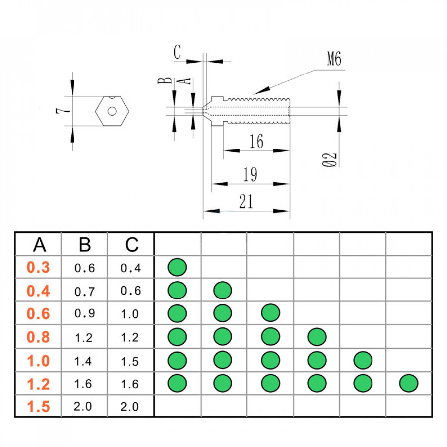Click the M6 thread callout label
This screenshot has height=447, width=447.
(334, 60)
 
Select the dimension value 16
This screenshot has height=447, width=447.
(256, 142)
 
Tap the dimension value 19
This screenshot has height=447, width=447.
(250, 175)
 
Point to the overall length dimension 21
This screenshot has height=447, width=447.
(246, 201)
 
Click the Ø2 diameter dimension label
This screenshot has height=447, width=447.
(330, 159)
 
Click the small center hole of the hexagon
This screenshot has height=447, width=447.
(113, 111)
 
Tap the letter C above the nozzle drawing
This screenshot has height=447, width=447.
(177, 52)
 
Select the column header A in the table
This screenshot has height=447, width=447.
(39, 244)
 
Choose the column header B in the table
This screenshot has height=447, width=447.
(85, 244)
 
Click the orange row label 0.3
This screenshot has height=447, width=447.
(38, 268)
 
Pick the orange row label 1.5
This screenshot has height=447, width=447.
(38, 407)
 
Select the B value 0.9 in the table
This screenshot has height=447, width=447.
(84, 314)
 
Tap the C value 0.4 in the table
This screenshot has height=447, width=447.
(131, 268)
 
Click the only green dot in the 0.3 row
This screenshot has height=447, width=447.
(177, 267)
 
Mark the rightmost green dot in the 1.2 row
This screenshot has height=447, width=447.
(409, 383)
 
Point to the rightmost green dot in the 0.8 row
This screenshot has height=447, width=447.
(317, 337)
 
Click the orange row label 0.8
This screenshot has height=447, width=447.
(38, 337)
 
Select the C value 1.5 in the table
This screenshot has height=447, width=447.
(131, 361)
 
